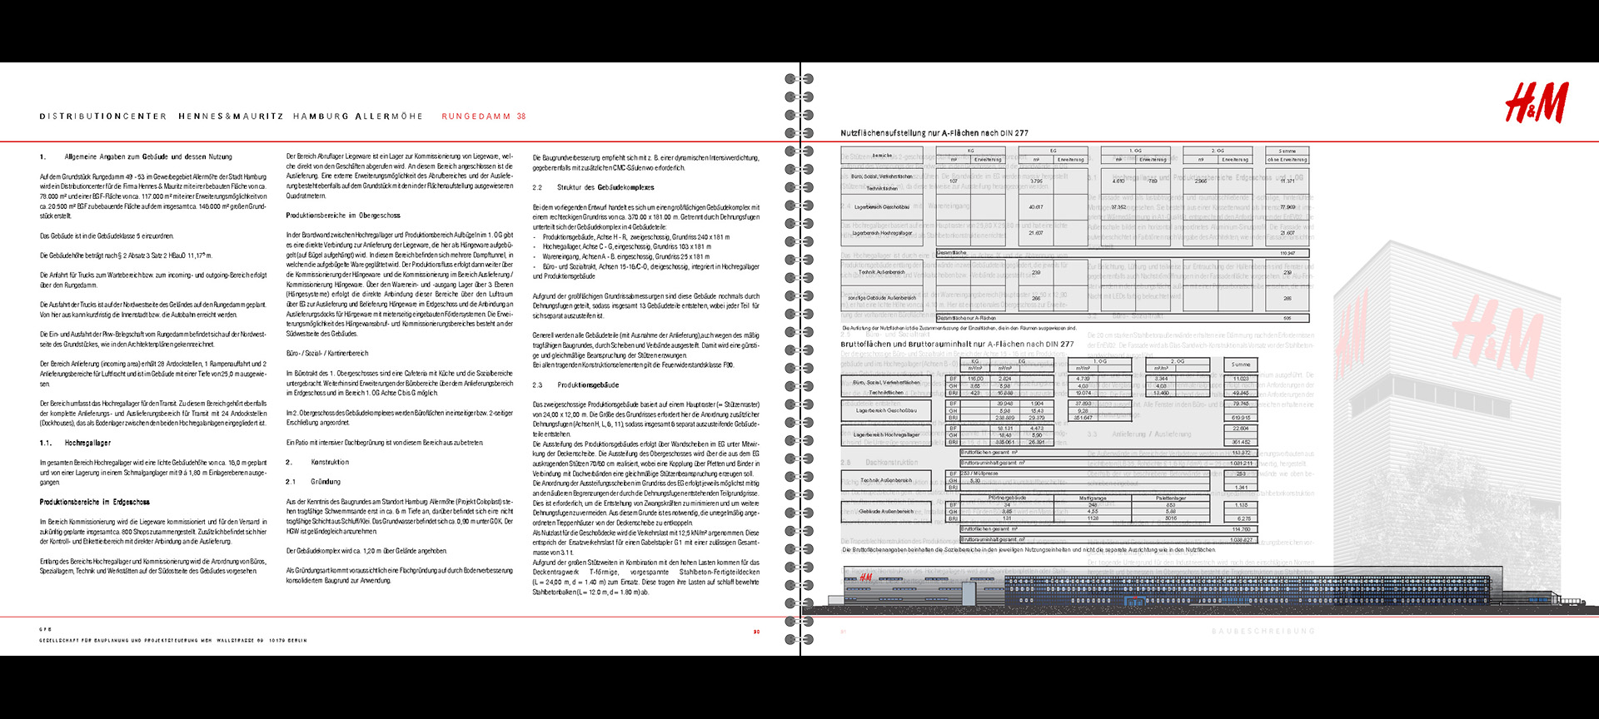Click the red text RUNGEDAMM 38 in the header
[484, 117]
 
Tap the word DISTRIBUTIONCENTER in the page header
[103, 117]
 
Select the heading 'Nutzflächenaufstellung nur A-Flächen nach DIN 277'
[934, 133]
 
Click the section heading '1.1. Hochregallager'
[76, 443]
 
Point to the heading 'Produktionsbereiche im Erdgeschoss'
[95, 502]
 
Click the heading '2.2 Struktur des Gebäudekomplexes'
[594, 187]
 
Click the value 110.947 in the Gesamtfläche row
[1287, 253]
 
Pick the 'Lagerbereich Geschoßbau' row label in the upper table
[881, 207]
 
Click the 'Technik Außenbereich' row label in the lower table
[885, 480]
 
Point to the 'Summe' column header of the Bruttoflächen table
[1241, 364]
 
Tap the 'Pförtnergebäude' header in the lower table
[1007, 498]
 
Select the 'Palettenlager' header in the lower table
[1170, 498]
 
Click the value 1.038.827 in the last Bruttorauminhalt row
[1241, 540]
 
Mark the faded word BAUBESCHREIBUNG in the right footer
[1263, 632]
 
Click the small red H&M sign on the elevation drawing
[865, 578]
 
